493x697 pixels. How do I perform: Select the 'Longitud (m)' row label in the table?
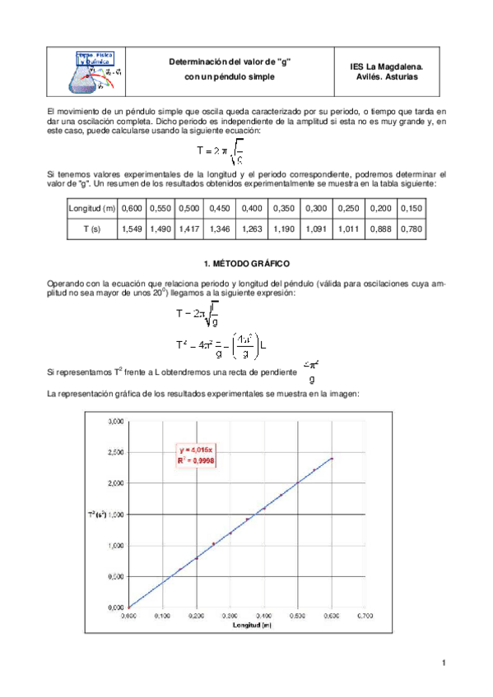(x=92, y=210)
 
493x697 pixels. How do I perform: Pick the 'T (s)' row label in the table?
(x=92, y=230)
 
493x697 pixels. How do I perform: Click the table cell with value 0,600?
(x=132, y=210)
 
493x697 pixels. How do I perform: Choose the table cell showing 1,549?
(x=132, y=230)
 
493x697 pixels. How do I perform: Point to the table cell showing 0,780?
(x=411, y=230)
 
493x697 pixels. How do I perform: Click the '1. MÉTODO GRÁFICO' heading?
(x=246, y=263)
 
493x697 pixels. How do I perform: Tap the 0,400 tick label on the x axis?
(x=264, y=614)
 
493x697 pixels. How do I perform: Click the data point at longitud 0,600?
(x=332, y=459)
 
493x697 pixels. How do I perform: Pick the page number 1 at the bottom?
(x=443, y=662)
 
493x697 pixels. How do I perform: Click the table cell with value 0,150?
(x=411, y=210)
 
